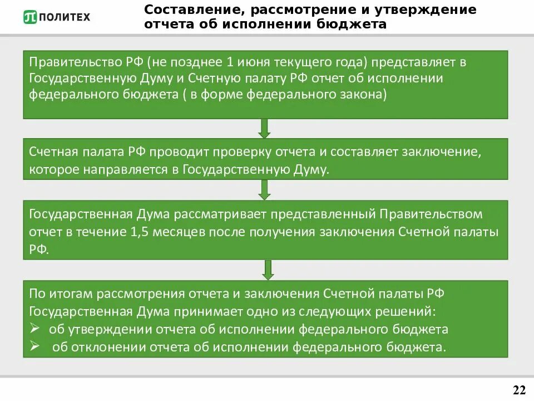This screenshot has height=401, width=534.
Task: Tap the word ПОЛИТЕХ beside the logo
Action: click(x=64, y=17)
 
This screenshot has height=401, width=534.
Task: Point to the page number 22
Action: click(x=518, y=389)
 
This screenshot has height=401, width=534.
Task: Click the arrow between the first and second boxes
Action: click(x=265, y=128)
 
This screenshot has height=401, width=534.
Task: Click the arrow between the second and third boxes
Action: click(x=265, y=190)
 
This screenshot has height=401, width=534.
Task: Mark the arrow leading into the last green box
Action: click(x=268, y=270)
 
